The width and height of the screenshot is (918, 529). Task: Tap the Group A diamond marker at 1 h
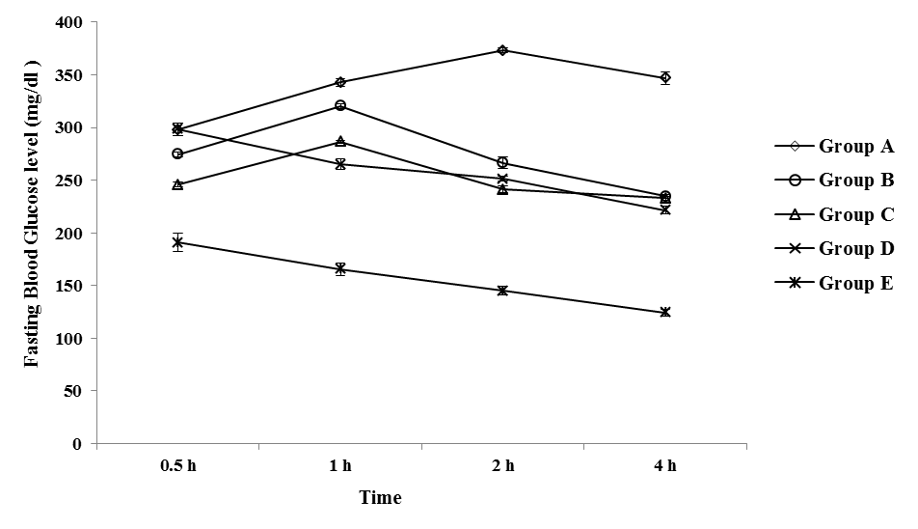[x=340, y=82]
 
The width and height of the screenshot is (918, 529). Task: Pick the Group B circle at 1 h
[x=340, y=105]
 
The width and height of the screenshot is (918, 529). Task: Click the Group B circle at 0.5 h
[x=177, y=153]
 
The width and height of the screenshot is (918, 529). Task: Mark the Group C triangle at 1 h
[x=340, y=141]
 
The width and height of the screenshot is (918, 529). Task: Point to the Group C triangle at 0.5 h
[x=177, y=183]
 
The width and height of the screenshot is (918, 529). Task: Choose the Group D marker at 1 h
[x=340, y=164]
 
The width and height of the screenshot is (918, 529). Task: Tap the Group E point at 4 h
[x=665, y=312]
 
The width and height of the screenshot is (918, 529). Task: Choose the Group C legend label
[x=856, y=214]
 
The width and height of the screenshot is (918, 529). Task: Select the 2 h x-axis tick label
[x=502, y=466]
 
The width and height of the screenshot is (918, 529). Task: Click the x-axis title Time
[x=380, y=498]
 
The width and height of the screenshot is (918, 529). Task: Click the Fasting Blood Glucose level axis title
[x=33, y=232]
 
